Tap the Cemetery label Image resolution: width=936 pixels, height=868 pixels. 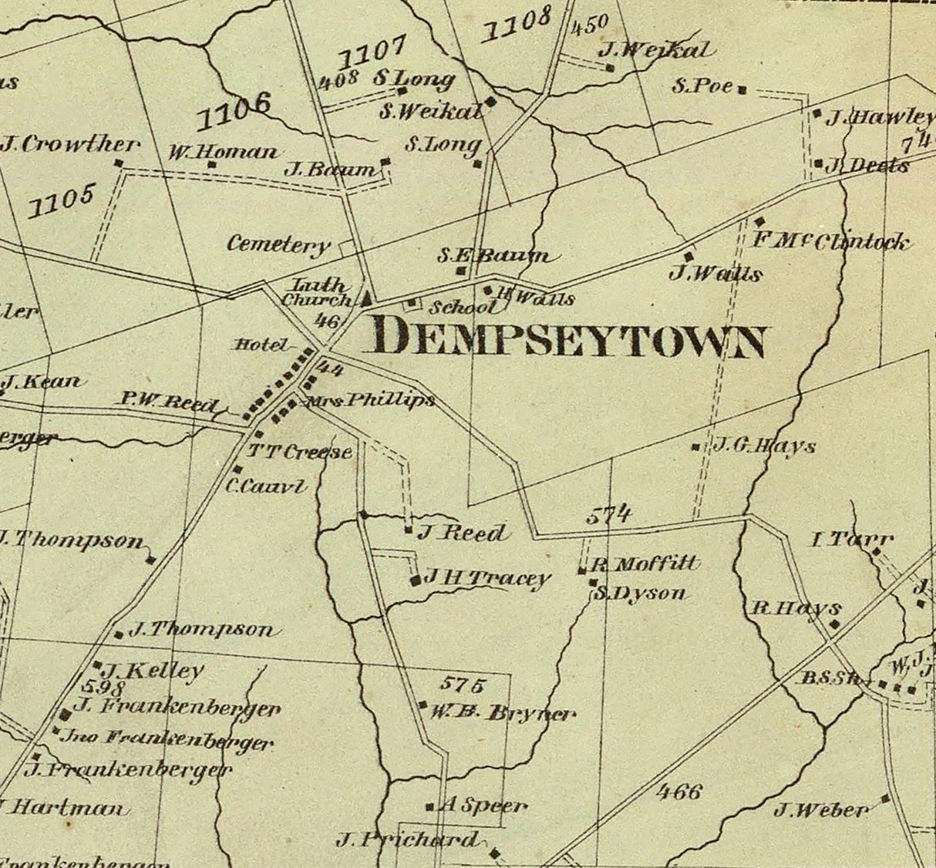(278, 245)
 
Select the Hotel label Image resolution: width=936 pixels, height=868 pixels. (260, 345)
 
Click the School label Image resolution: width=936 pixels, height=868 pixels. (463, 307)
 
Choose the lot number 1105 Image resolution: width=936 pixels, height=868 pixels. (61, 200)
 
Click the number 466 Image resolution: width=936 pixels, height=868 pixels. (680, 791)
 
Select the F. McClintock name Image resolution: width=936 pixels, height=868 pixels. (830, 241)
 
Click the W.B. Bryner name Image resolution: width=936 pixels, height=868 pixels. (503, 712)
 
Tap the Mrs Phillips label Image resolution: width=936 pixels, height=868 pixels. (369, 401)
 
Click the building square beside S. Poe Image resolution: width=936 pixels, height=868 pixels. (742, 90)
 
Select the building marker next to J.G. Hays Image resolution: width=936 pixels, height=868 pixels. (696, 446)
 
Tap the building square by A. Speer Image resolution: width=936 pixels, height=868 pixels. (429, 807)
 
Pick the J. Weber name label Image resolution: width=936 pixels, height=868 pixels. (821, 810)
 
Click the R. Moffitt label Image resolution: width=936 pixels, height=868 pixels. (645, 564)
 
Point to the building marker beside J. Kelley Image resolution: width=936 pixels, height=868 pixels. (98, 664)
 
